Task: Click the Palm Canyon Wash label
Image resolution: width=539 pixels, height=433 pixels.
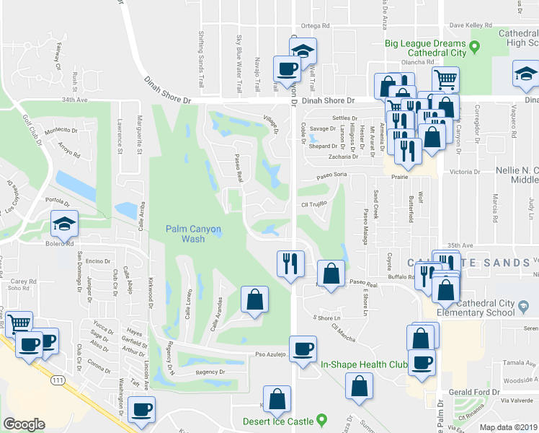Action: pyautogui.click(x=193, y=233)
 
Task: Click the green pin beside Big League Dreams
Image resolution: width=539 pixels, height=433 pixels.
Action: pyautogui.click(x=475, y=48)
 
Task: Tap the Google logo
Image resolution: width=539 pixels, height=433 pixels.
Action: pyautogui.click(x=24, y=424)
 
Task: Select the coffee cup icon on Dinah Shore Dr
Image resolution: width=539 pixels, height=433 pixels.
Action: pyautogui.click(x=286, y=69)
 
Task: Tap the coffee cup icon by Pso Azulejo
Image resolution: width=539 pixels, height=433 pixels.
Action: pyautogui.click(x=303, y=349)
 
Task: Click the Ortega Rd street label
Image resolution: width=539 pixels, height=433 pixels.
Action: pyautogui.click(x=315, y=25)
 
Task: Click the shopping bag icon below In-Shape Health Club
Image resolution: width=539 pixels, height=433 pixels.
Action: pyautogui.click(x=359, y=386)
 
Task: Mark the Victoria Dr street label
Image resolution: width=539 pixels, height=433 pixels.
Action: pyautogui.click(x=465, y=172)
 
